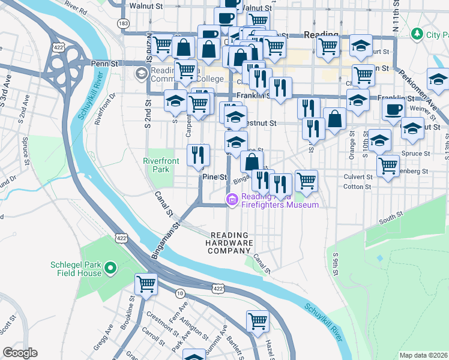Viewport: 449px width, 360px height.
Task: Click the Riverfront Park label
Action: click(157, 165)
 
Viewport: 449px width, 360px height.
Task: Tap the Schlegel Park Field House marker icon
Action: click(110, 268)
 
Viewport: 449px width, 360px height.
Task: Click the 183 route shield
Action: click(123, 23)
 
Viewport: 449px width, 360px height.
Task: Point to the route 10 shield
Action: click(179, 293)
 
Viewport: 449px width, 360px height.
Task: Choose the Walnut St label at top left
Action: click(150, 6)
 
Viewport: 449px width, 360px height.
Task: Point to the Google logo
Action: click(20, 353)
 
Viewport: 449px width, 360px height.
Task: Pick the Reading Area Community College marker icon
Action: click(142, 74)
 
